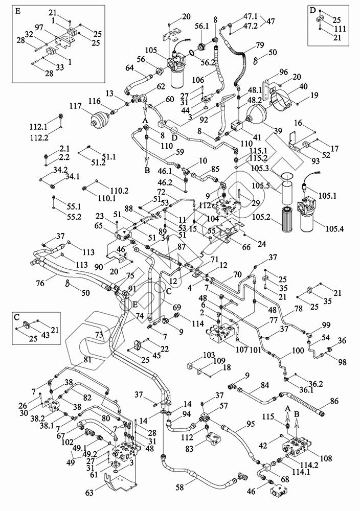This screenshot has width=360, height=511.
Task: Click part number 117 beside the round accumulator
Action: tap(76, 106)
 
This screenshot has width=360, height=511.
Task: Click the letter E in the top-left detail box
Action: tap(19, 10)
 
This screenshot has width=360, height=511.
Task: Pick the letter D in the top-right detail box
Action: tap(312, 10)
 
